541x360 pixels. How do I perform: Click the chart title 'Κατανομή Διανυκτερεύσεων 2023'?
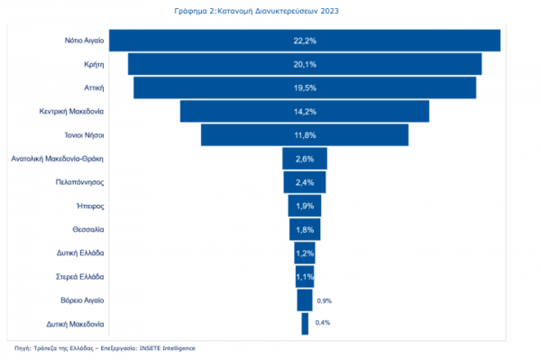point(278,11)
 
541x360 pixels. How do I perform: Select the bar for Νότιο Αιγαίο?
point(305,41)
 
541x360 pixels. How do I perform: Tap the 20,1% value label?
point(305,64)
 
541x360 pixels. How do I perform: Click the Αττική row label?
point(94,88)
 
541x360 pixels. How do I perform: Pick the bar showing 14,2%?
point(305,111)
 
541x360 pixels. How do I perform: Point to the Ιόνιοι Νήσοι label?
point(84,135)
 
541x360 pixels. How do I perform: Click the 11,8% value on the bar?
point(305,135)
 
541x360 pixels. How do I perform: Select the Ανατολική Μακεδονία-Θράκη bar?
point(305,159)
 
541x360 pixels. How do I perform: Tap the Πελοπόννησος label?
point(79,182)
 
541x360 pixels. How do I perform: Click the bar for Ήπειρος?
point(305,206)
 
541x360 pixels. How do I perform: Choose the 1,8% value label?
point(305,229)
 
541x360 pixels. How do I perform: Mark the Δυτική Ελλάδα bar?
point(305,253)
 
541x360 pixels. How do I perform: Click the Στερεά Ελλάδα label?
point(79,277)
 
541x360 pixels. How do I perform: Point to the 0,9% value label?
point(325,301)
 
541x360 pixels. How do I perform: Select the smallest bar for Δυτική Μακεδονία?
point(305,324)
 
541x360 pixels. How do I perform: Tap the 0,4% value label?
point(323,322)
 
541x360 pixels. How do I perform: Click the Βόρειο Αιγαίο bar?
point(305,300)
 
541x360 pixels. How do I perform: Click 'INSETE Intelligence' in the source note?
point(168,348)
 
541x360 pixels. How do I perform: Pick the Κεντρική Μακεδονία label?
point(71,112)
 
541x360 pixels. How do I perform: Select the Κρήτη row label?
point(94,64)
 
